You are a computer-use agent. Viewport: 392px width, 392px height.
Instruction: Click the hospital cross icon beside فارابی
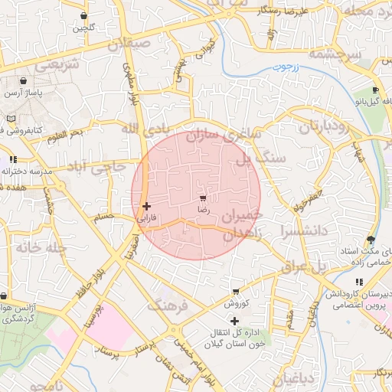coord(146,206)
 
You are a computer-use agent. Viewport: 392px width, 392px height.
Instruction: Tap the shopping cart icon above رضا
coord(203,198)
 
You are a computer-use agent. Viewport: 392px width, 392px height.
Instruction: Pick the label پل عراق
coord(318,267)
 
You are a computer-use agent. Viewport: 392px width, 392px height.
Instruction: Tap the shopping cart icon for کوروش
coord(236,292)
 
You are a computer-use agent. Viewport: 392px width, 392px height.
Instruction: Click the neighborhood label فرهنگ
coord(168,307)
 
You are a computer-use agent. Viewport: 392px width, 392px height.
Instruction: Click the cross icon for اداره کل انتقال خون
coord(234,321)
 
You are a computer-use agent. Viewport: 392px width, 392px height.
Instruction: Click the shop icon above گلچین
coord(83,16)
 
